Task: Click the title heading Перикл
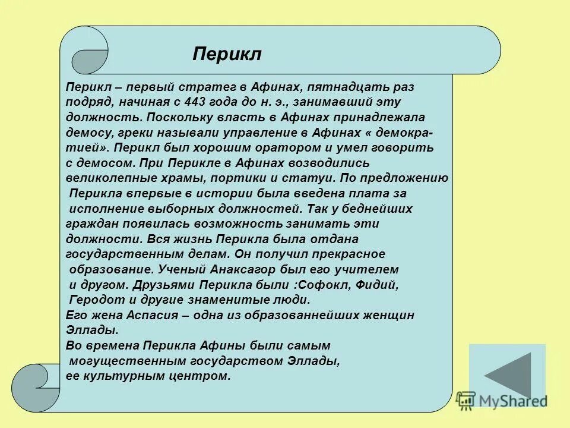(227, 54)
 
